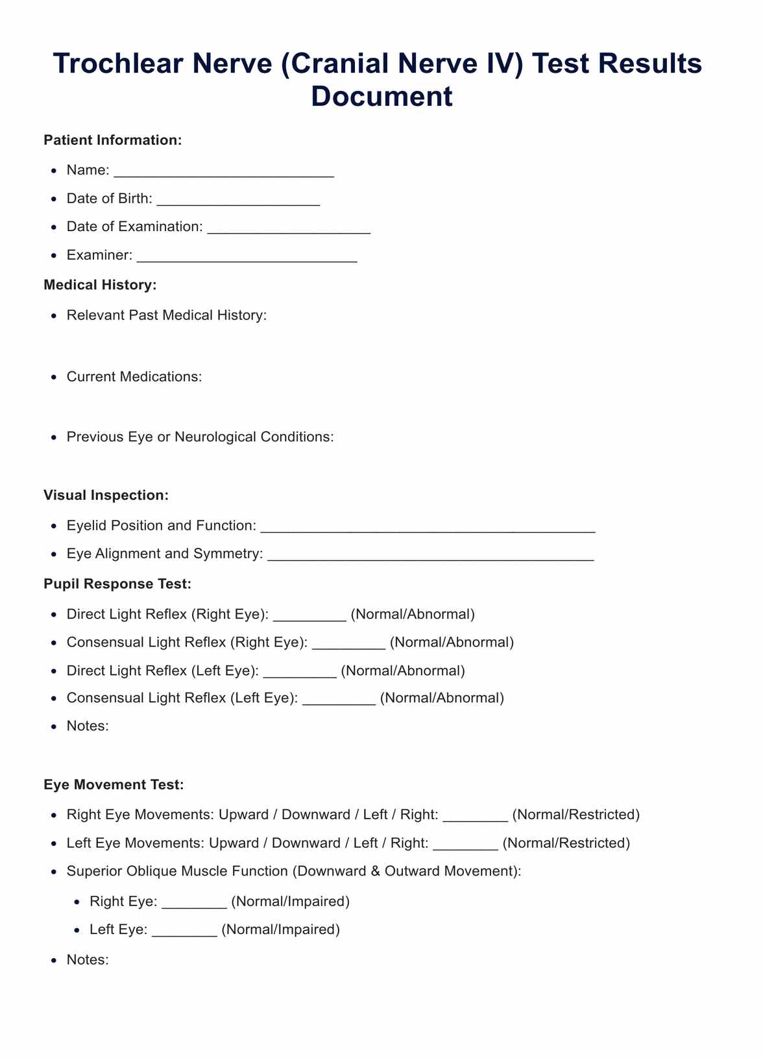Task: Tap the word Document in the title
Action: (381, 96)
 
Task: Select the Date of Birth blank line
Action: (238, 200)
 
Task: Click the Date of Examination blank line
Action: (289, 228)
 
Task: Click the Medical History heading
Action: (100, 285)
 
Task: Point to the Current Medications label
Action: (134, 377)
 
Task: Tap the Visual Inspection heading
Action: (106, 495)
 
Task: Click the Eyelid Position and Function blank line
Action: (428, 526)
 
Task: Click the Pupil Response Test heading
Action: (117, 584)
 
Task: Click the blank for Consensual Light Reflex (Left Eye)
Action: (339, 699)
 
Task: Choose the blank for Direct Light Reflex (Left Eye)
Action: (300, 672)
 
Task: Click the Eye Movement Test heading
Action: (114, 785)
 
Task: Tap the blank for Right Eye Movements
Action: (475, 816)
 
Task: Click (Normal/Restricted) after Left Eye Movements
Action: (566, 843)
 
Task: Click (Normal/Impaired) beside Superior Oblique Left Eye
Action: (280, 929)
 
